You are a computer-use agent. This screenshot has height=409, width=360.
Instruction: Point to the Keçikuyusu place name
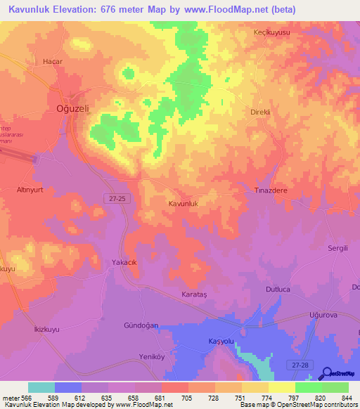click(272, 33)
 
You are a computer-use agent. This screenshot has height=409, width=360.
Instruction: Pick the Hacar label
click(52, 61)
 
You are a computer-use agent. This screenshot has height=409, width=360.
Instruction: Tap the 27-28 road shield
click(300, 363)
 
